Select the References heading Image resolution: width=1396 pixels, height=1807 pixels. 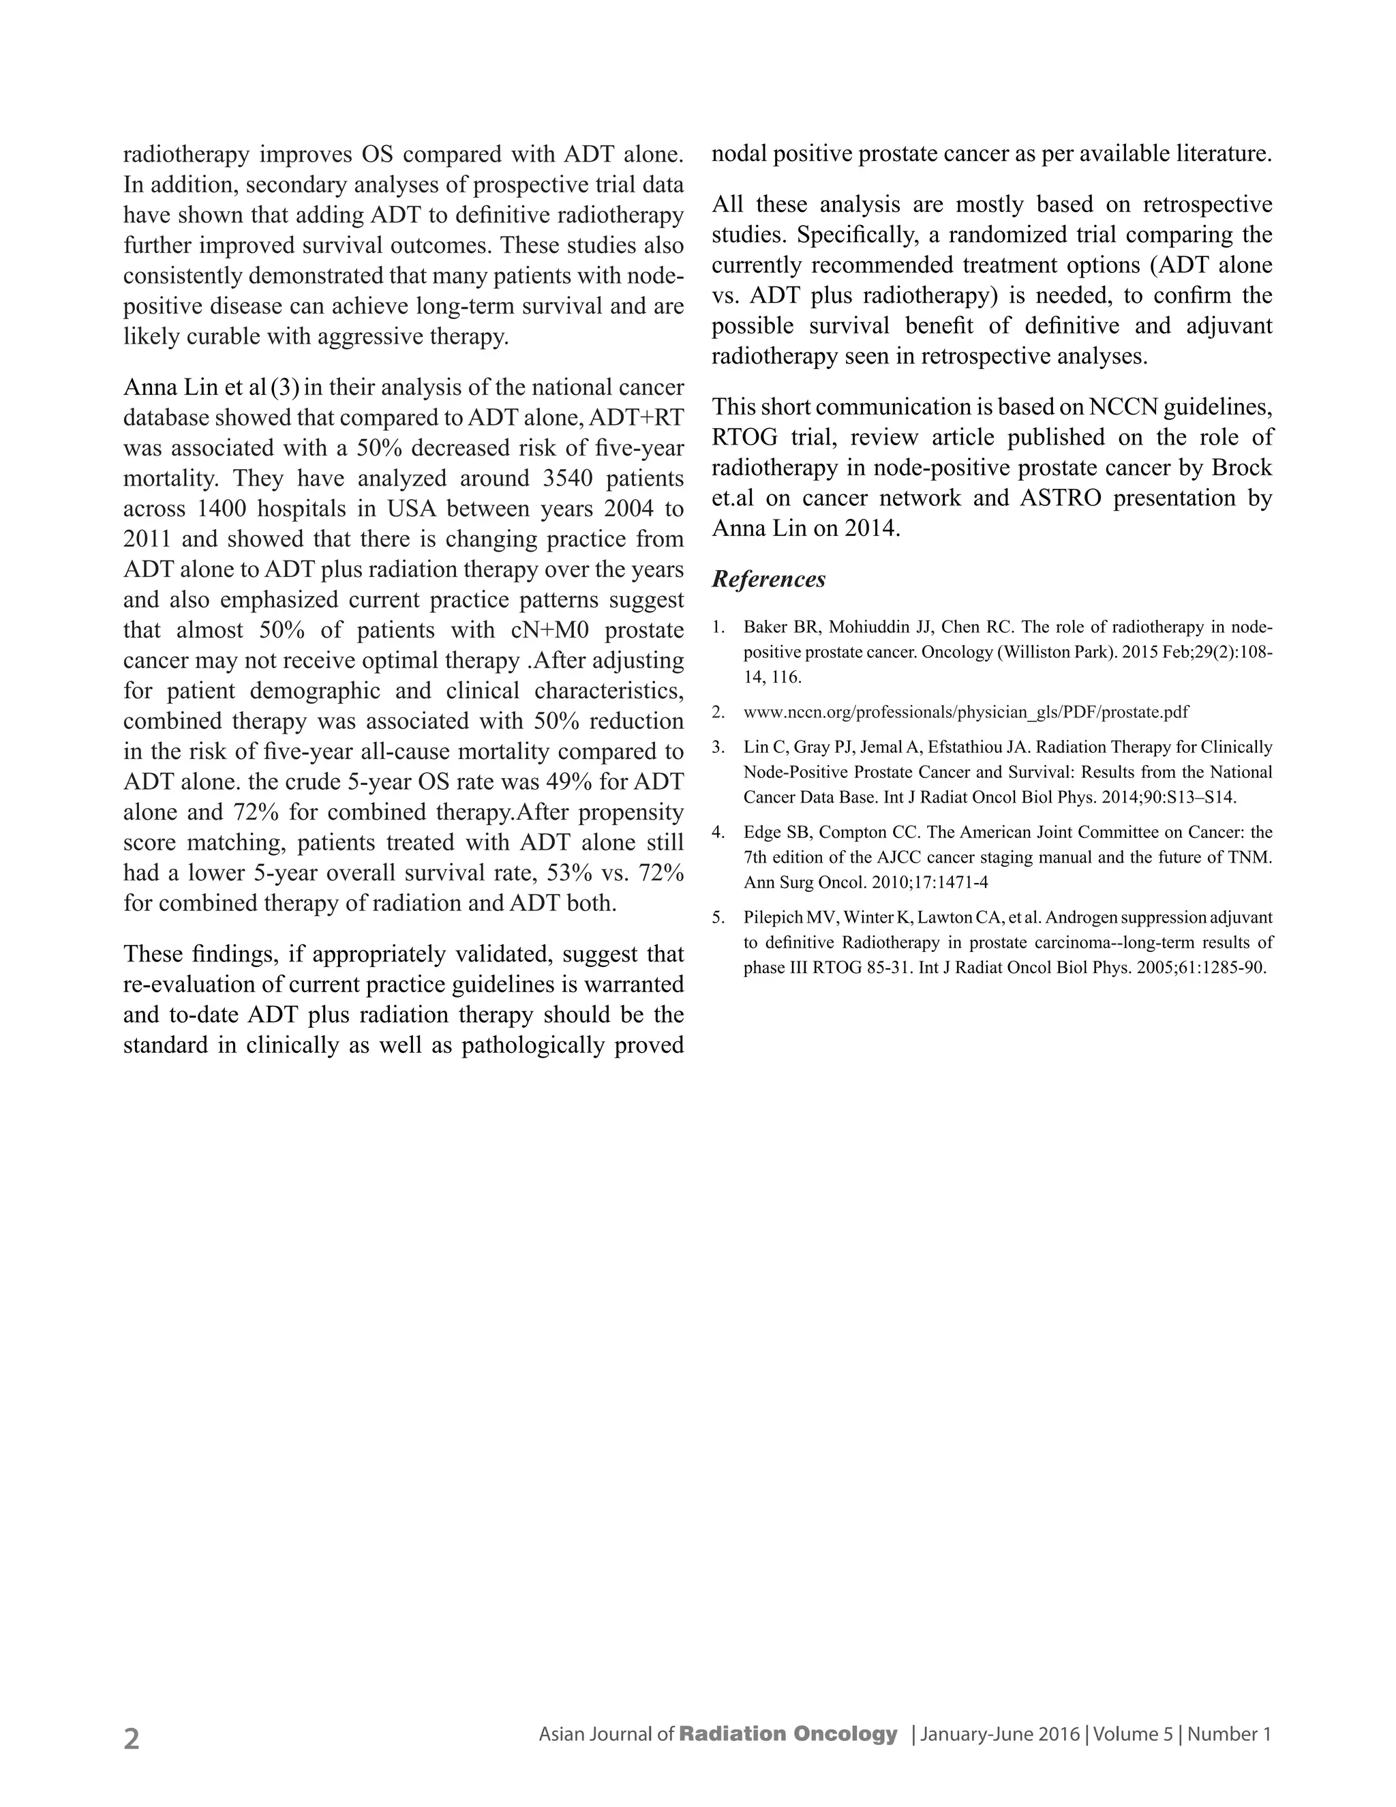(768, 579)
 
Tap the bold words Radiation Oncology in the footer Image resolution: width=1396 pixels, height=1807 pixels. (787, 1733)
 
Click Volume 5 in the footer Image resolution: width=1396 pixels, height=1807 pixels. (1133, 1734)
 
